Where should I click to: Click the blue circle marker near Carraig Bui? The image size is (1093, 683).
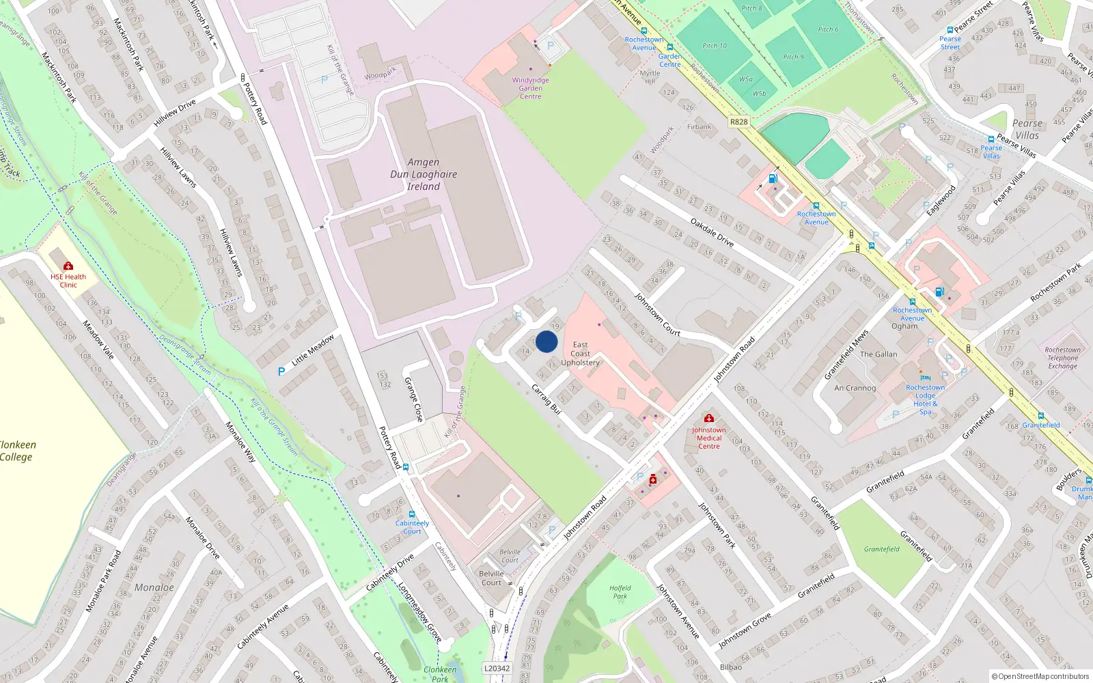click(546, 341)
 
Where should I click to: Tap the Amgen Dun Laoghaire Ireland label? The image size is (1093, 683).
click(424, 174)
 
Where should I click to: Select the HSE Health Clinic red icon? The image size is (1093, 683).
click(68, 266)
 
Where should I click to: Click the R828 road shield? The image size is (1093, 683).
click(738, 122)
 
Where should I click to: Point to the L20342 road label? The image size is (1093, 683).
click(497, 668)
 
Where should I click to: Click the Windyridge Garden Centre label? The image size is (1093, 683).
click(530, 88)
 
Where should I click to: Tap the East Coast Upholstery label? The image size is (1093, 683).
click(580, 354)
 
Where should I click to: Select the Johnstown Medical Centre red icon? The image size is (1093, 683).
click(708, 418)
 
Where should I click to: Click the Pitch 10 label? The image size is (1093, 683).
click(715, 46)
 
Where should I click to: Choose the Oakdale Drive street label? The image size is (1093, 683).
click(712, 233)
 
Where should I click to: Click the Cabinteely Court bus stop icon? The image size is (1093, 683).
click(411, 514)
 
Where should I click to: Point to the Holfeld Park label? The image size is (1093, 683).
click(620, 591)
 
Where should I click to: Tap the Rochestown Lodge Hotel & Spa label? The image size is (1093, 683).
click(925, 400)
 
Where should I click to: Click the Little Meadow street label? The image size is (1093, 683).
click(313, 350)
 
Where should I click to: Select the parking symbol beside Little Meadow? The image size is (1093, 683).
click(281, 372)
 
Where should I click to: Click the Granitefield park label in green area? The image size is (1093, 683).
click(881, 549)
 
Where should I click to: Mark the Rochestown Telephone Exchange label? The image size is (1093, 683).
click(1062, 358)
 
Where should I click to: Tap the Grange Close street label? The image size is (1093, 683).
click(413, 399)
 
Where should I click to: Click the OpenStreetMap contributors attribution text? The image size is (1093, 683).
click(1040, 676)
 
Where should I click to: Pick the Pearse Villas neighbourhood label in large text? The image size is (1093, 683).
click(1027, 129)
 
